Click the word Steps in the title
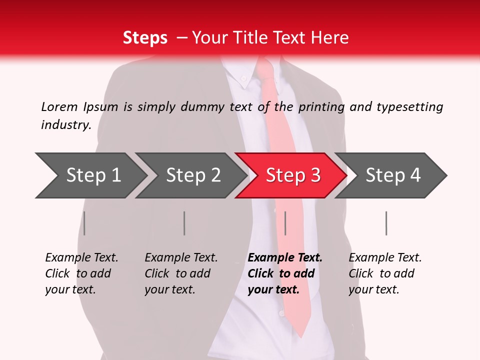145,38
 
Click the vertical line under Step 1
84,223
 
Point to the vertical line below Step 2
184,223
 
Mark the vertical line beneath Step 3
285,223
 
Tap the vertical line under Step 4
386,223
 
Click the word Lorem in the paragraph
59,107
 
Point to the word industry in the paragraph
65,125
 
